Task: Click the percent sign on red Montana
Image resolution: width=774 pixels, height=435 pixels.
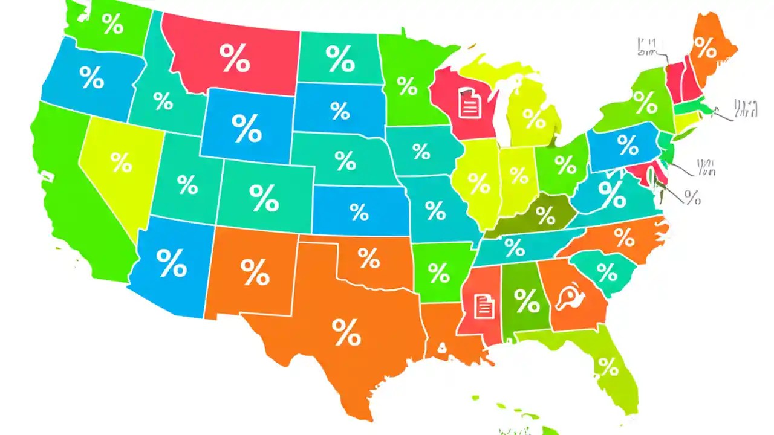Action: click(234, 58)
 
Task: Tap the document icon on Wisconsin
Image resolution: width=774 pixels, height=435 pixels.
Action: click(469, 103)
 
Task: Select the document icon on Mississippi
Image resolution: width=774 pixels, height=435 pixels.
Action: click(484, 306)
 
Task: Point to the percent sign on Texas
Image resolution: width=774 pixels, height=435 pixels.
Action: click(346, 332)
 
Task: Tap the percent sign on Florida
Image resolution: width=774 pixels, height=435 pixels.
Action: click(608, 366)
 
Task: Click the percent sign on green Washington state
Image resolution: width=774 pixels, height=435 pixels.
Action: click(112, 24)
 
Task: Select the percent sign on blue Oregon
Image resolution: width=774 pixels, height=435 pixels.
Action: click(92, 77)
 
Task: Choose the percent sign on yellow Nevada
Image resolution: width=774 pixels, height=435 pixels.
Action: click(121, 162)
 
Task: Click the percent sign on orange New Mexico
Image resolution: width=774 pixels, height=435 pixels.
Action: click(255, 272)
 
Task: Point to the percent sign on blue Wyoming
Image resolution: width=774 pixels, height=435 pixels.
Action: click(247, 128)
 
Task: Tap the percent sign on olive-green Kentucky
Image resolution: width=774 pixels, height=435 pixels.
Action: click(545, 214)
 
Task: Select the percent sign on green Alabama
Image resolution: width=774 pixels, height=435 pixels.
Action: click(527, 300)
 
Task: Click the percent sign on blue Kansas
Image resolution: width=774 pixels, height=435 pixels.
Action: click(359, 211)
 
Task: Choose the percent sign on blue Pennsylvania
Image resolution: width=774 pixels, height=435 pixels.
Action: click(628, 145)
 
